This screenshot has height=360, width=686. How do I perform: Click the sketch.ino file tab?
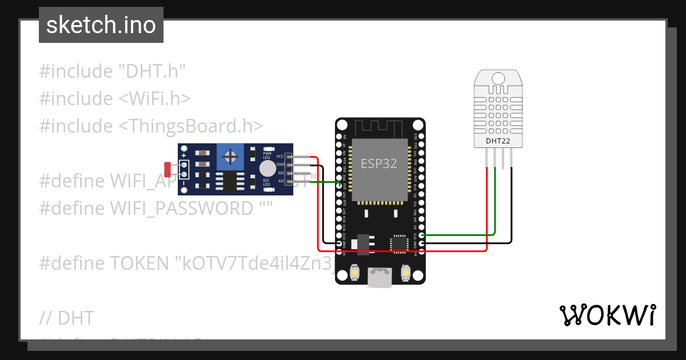point(101,25)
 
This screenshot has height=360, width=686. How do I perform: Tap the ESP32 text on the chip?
point(378,164)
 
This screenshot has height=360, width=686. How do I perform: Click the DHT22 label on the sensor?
point(498,140)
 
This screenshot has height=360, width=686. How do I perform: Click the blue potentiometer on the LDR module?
point(230,157)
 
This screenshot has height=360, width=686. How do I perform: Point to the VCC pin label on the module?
point(280,156)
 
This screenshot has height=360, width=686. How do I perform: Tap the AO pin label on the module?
point(281,181)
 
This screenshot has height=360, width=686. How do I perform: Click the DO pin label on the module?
point(281,173)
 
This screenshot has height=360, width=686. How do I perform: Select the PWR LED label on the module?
point(267,154)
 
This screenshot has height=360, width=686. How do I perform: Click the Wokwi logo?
point(607,315)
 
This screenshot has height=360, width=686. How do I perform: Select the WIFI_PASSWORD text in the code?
point(181,209)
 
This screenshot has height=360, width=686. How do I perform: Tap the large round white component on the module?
point(267,168)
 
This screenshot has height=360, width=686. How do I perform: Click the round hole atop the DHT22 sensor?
point(498,78)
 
